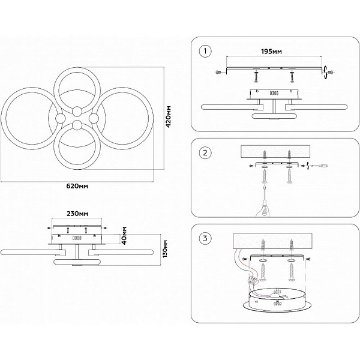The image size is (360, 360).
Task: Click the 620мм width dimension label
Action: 77,186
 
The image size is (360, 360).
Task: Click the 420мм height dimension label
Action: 169,116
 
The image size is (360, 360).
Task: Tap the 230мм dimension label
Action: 77,214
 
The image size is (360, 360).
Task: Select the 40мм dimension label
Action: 124,236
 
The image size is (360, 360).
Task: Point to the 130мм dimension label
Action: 165,249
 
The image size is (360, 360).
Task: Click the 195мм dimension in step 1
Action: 271,52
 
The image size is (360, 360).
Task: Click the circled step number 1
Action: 205,51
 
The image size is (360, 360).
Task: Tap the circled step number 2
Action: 205,152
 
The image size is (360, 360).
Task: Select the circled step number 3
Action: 205,238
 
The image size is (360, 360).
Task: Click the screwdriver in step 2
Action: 264,202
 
